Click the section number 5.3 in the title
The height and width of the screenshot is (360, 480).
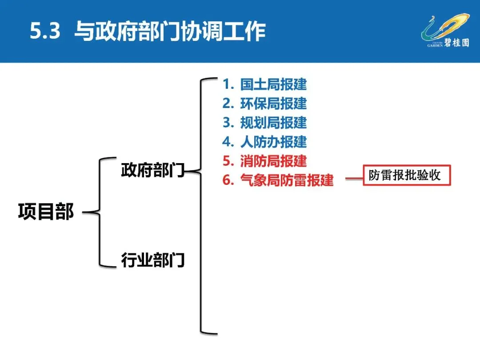(44, 32)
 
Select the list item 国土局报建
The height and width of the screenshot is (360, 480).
(273, 84)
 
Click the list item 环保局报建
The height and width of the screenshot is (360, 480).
(273, 104)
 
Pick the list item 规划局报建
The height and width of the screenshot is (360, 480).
(273, 123)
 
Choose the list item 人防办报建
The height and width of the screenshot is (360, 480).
(273, 142)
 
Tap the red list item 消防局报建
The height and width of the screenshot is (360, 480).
(273, 161)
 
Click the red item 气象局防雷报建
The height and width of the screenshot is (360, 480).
(287, 180)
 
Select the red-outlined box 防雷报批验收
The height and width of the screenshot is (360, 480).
(407, 175)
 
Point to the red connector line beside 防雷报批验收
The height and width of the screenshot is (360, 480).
(354, 180)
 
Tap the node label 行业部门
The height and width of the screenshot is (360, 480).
(152, 260)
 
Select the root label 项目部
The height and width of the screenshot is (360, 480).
(46, 212)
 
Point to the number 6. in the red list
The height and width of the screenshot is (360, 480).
(228, 180)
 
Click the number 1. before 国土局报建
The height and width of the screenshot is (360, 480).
(228, 84)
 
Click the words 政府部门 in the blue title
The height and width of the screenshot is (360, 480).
(137, 32)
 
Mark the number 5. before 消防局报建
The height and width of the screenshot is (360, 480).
(228, 161)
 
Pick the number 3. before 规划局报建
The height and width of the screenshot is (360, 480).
(228, 123)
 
